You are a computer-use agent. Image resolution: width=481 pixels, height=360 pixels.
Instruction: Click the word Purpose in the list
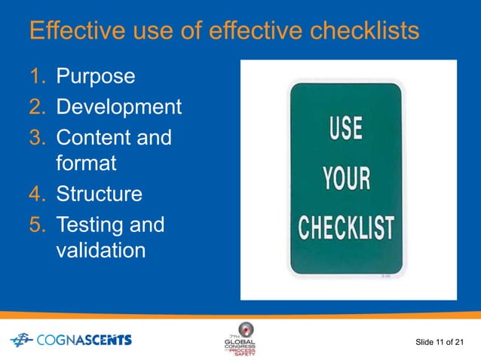(96, 77)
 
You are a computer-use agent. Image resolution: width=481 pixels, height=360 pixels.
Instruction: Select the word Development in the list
(119, 108)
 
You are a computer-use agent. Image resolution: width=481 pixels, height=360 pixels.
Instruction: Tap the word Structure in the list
(99, 194)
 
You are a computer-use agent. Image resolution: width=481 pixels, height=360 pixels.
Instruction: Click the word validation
(101, 250)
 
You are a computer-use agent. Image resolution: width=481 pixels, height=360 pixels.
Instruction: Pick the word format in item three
(84, 163)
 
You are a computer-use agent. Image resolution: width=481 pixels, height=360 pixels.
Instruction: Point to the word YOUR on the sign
(347, 178)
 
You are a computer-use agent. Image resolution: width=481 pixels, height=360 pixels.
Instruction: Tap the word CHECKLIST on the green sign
(347, 227)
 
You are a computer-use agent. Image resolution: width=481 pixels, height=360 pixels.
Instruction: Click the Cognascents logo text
(83, 340)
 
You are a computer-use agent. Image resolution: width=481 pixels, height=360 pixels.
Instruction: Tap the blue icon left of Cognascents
(20, 340)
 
